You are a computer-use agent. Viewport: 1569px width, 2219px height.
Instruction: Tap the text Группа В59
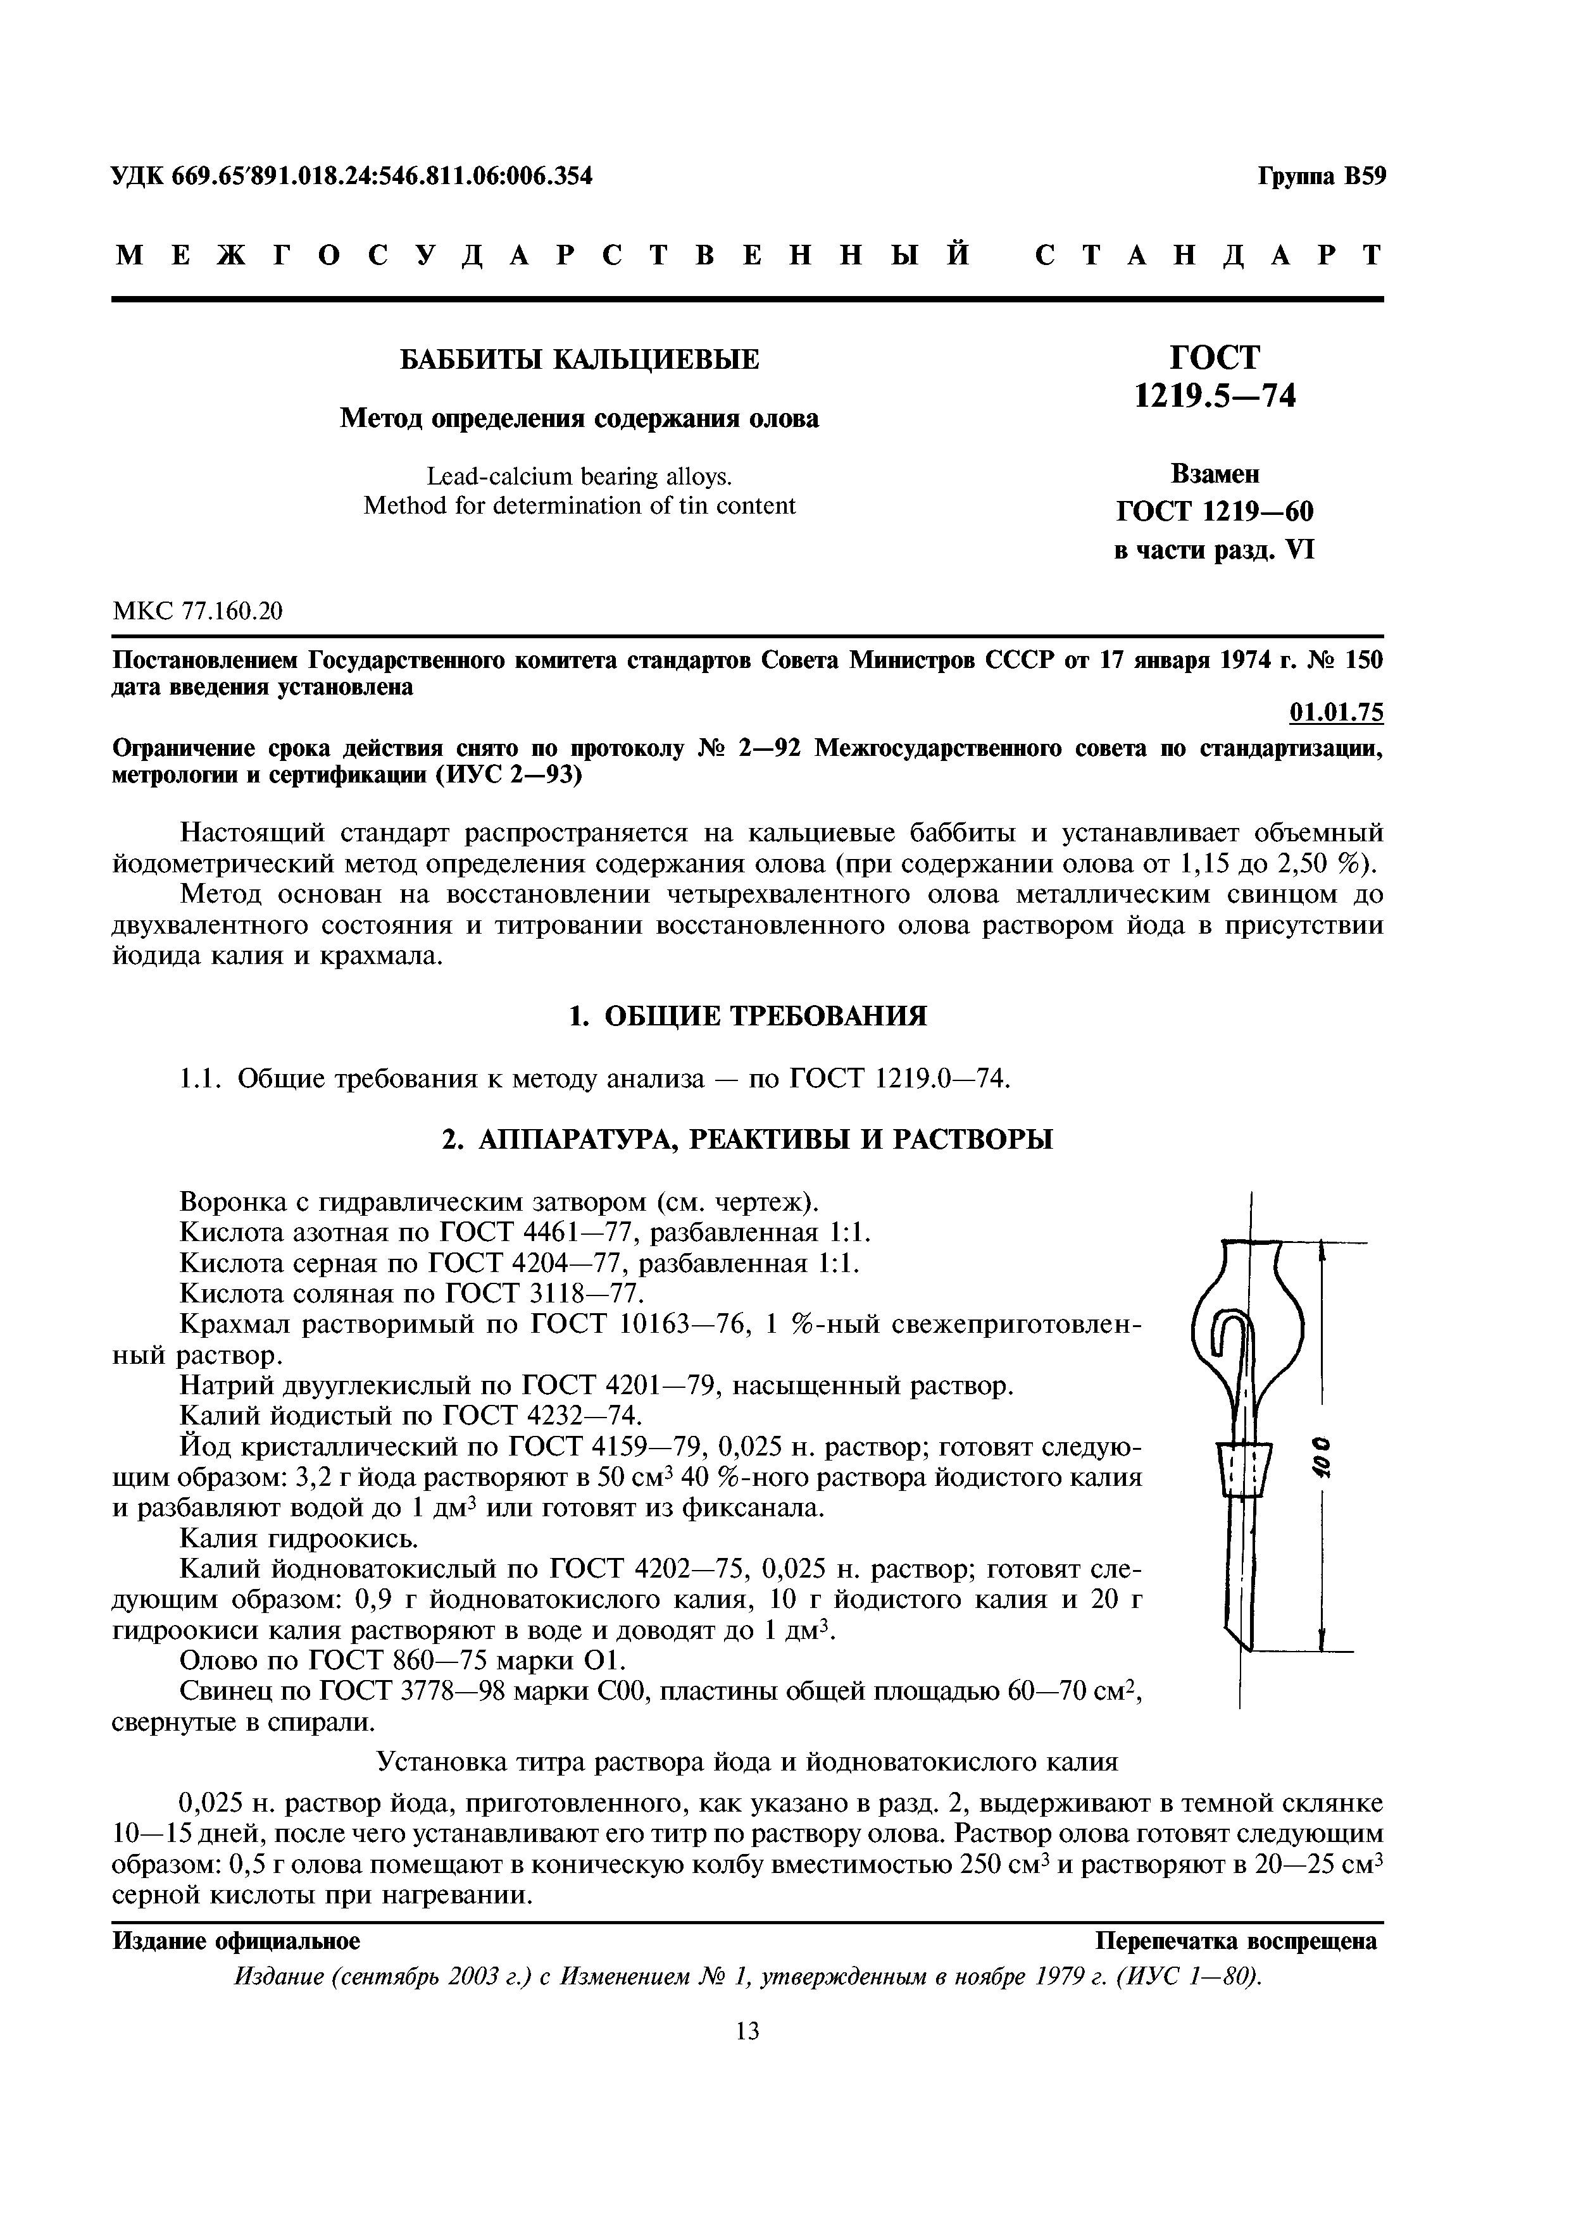coord(1320,176)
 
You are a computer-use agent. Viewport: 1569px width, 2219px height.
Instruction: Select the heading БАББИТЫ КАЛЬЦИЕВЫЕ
coord(580,359)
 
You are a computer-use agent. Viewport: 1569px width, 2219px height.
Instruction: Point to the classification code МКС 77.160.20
coord(198,611)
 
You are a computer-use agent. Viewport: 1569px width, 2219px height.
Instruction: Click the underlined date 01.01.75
coord(1336,712)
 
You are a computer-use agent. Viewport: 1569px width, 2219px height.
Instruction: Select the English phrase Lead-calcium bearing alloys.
coord(580,476)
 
